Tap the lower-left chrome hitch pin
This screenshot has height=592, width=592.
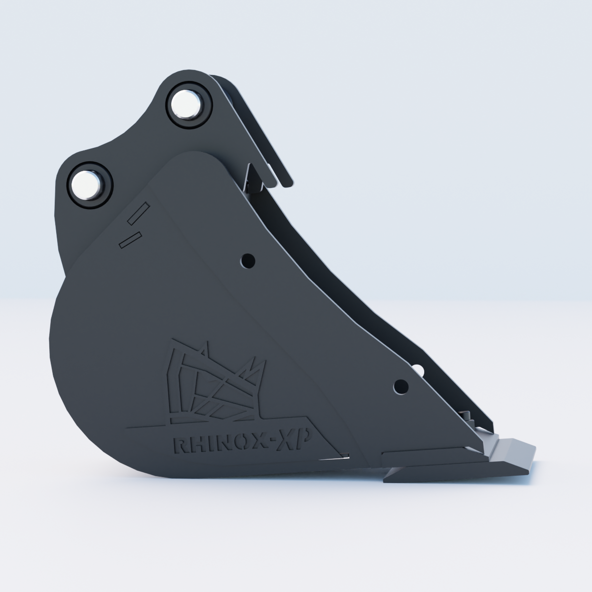[x=87, y=185]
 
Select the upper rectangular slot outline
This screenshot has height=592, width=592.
[x=138, y=214]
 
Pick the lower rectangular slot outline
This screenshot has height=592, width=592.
[x=130, y=240]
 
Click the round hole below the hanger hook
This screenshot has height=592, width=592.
[x=248, y=261]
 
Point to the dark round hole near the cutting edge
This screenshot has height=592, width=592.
[x=401, y=387]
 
